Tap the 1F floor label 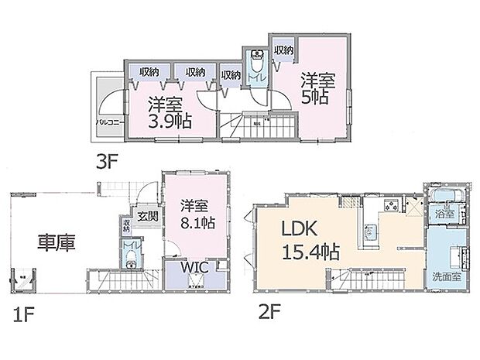(22, 314)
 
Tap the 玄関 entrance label (148, 216)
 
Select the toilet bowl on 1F (129, 256)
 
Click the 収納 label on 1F (127, 226)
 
